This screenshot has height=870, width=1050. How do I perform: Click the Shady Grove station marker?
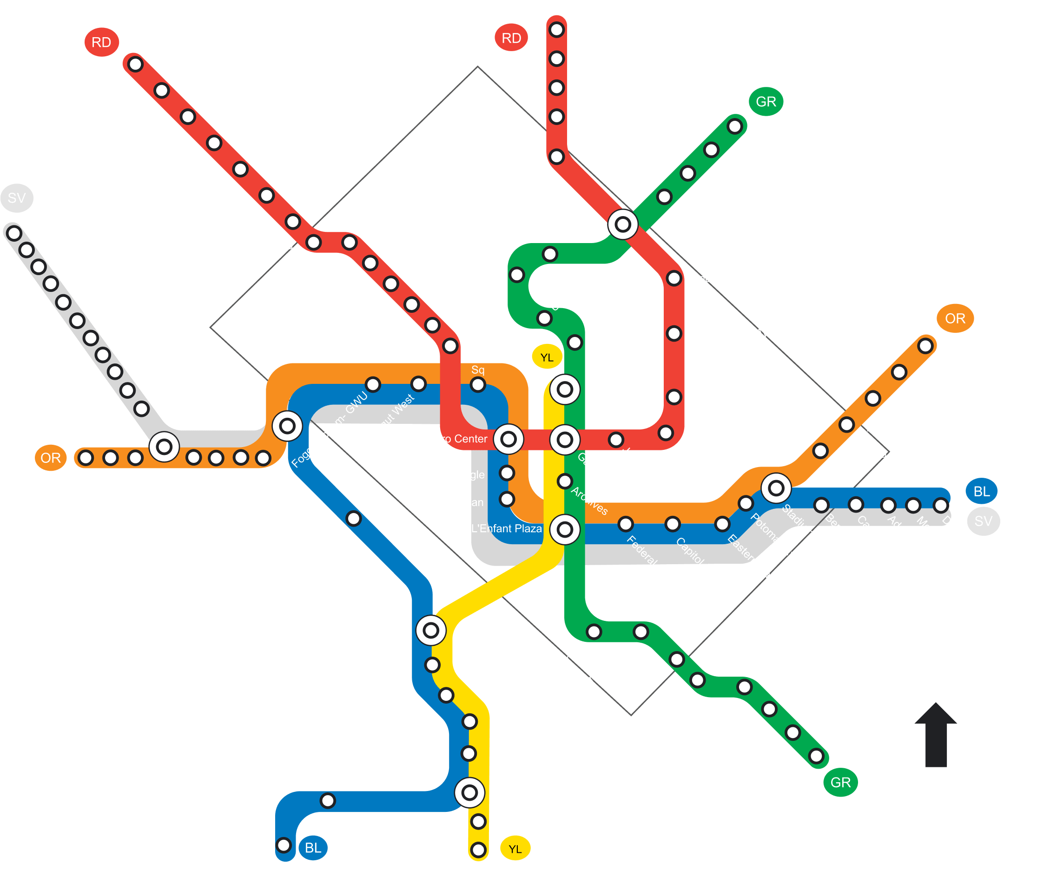(135, 64)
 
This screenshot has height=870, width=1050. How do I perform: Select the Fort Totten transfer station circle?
(622, 224)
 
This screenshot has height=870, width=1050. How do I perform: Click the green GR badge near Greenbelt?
(766, 101)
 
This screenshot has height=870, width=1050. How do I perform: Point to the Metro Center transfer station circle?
(508, 440)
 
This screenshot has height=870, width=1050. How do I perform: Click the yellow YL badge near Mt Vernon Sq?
(547, 357)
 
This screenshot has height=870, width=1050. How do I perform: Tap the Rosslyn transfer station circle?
(287, 427)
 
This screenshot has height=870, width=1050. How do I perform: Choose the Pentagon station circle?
(430, 631)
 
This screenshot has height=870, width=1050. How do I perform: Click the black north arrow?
(935, 733)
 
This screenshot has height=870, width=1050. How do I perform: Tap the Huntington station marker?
(478, 849)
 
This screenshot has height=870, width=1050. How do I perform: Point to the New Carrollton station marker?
(925, 345)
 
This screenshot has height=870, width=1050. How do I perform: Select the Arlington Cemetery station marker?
(354, 519)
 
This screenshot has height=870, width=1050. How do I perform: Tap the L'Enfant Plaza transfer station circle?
(564, 529)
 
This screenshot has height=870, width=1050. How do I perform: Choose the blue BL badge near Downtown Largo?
(981, 492)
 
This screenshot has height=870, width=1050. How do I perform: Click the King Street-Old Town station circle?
(469, 792)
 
